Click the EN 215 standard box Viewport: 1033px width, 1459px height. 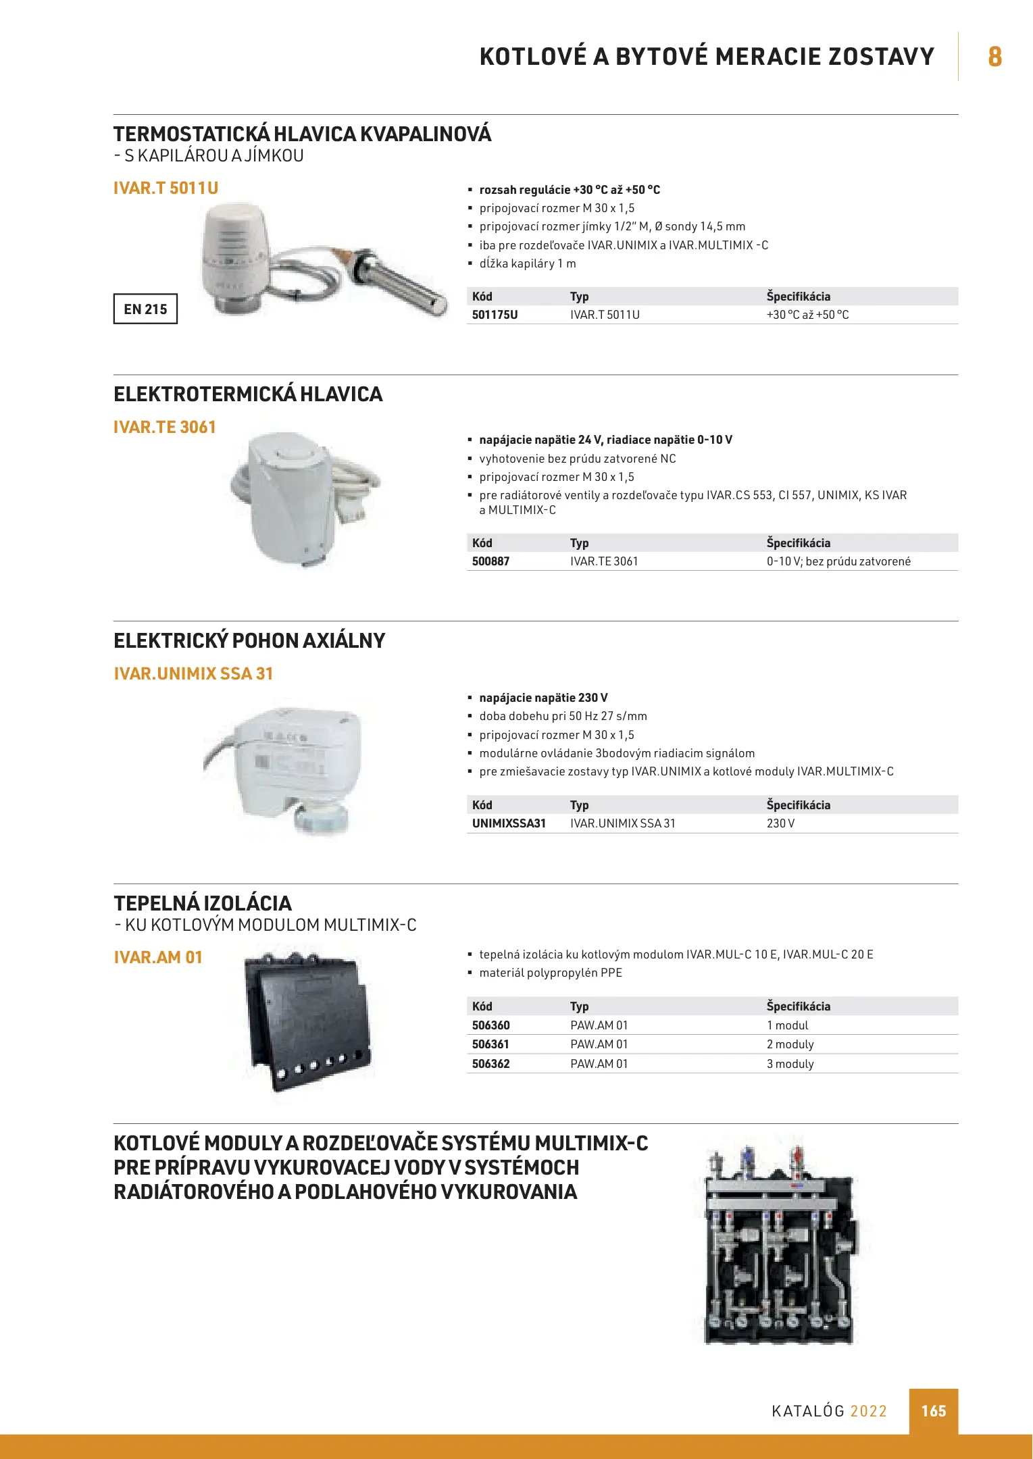[x=145, y=309]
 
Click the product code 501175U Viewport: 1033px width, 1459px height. [x=495, y=315]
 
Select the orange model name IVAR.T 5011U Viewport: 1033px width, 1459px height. [x=166, y=188]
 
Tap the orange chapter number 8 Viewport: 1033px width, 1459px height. [x=994, y=57]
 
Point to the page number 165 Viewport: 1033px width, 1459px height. [x=933, y=1411]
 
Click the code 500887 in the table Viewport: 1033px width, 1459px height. [x=490, y=561]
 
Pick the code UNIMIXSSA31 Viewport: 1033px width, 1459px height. [x=509, y=823]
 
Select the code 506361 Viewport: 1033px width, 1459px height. [x=490, y=1044]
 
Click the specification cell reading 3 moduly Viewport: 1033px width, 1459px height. [x=790, y=1064]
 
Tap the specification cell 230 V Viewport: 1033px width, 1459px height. [x=780, y=823]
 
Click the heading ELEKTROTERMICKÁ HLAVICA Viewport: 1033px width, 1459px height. [x=248, y=394]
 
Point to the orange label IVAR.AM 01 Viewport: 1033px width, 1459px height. [x=158, y=957]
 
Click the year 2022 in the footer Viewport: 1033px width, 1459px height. [x=868, y=1411]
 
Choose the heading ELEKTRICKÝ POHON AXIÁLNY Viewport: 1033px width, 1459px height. [x=249, y=641]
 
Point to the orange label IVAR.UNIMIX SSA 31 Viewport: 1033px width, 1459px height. [x=193, y=673]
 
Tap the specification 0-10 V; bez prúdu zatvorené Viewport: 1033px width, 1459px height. [x=838, y=561]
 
